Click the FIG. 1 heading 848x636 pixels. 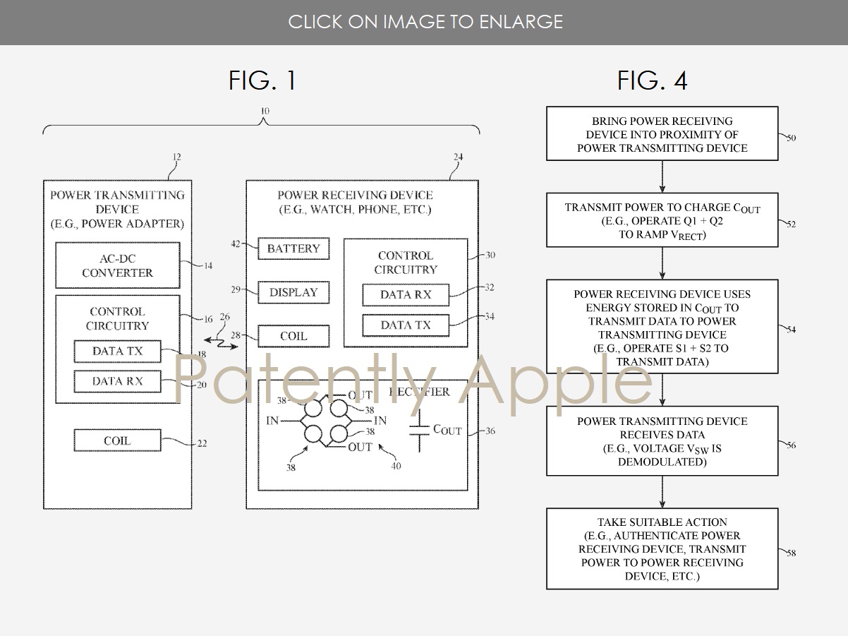(262, 80)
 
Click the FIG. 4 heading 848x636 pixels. (652, 80)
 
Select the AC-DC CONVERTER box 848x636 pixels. (116, 265)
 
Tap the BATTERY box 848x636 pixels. (293, 249)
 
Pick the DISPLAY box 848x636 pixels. (293, 292)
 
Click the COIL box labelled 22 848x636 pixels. (117, 441)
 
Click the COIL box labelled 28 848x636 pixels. (293, 337)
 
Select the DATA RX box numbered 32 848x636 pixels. (405, 295)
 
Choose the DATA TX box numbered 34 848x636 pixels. (405, 325)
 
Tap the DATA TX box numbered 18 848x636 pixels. (117, 351)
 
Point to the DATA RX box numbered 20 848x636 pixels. (117, 381)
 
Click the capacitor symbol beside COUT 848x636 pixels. (420, 430)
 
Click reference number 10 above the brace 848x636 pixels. (264, 112)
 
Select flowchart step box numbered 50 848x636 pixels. (662, 134)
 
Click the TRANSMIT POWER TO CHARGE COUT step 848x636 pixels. (662, 220)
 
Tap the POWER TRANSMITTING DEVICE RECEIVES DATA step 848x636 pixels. (662, 441)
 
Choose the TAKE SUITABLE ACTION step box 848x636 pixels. (662, 549)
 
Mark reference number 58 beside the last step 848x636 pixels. (791, 553)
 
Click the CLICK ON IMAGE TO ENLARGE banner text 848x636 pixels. (425, 22)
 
